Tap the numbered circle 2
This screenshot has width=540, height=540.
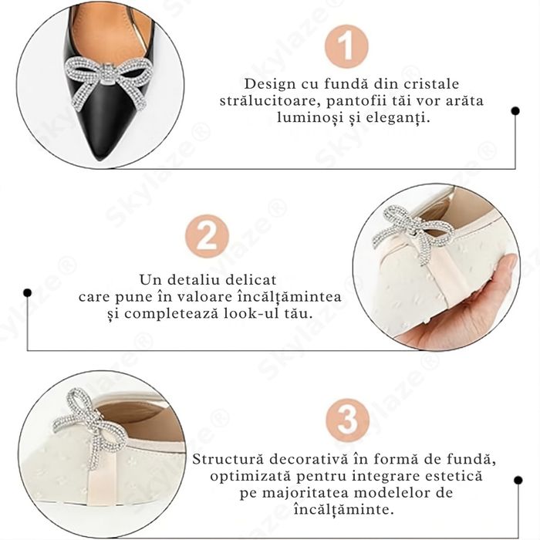pyautogui.click(x=207, y=237)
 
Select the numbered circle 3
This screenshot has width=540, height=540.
pyautogui.click(x=347, y=420)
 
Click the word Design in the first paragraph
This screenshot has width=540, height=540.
pyautogui.click(x=267, y=83)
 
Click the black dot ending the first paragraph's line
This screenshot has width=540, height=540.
pyautogui.click(x=515, y=111)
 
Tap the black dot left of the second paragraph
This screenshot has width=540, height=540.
pyautogui.click(x=28, y=293)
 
